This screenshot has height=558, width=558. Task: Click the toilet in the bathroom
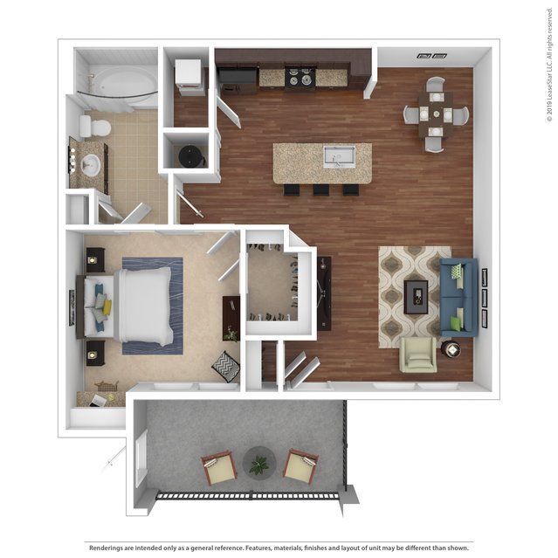(95, 127)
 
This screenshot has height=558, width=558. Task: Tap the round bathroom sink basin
(91, 165)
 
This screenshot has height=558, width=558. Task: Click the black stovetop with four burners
(300, 78)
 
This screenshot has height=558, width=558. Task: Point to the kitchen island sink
(339, 157)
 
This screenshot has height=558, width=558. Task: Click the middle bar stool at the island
(321, 190)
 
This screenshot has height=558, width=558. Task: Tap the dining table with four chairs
(436, 114)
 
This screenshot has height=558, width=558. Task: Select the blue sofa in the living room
(458, 299)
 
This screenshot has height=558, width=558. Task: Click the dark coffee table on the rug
(416, 297)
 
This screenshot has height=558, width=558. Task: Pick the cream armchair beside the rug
(419, 355)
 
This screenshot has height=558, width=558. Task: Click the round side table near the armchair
(451, 350)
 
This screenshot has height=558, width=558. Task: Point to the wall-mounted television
(324, 293)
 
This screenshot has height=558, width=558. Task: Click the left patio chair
(218, 467)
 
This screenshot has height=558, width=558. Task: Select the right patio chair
(300, 467)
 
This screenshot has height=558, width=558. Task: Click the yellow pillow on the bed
(107, 307)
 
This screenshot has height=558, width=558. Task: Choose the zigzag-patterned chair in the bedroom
(225, 367)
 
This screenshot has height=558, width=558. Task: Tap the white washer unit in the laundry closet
(189, 77)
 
